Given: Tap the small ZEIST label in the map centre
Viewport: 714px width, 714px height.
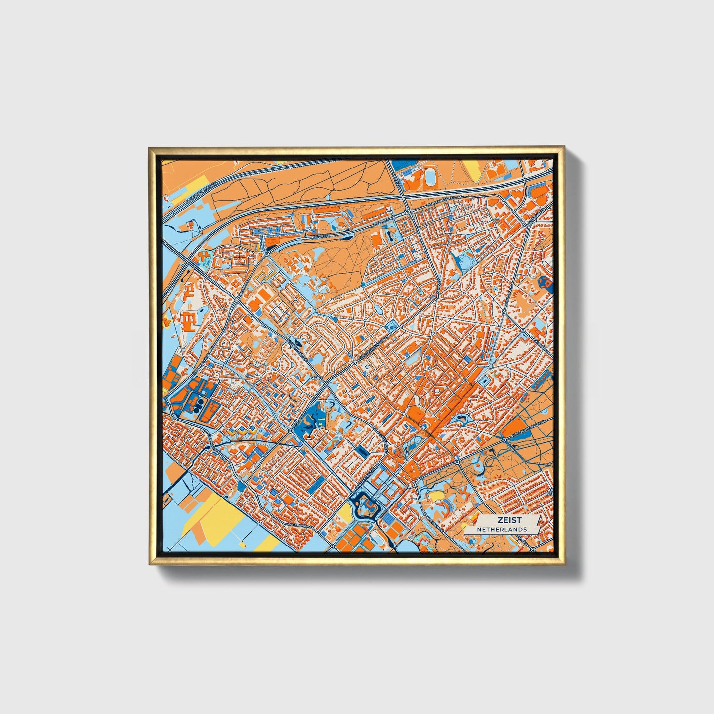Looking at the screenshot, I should tap(317, 378).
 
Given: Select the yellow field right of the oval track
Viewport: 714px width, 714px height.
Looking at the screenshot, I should tap(473, 169).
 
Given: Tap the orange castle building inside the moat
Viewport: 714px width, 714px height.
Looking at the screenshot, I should tap(367, 504).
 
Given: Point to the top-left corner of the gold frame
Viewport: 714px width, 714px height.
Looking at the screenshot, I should tap(149, 148).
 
